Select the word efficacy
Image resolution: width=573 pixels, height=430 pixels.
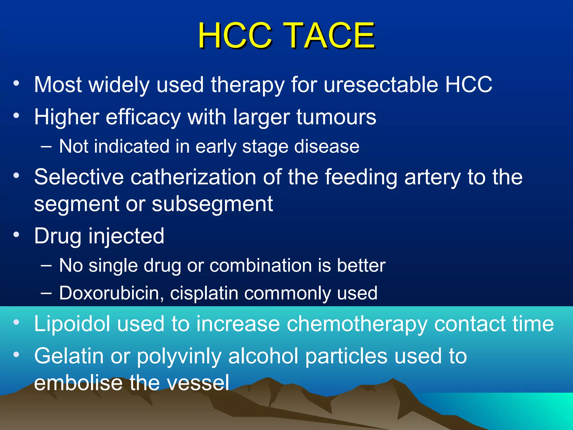click(143, 117)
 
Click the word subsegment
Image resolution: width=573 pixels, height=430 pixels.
click(212, 204)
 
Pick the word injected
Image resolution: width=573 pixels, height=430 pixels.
click(126, 236)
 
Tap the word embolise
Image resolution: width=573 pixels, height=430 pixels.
click(78, 383)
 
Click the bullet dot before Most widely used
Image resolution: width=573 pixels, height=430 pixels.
click(17, 83)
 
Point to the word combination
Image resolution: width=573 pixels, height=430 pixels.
click(260, 265)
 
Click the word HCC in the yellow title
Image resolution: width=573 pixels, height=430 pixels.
click(235, 36)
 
